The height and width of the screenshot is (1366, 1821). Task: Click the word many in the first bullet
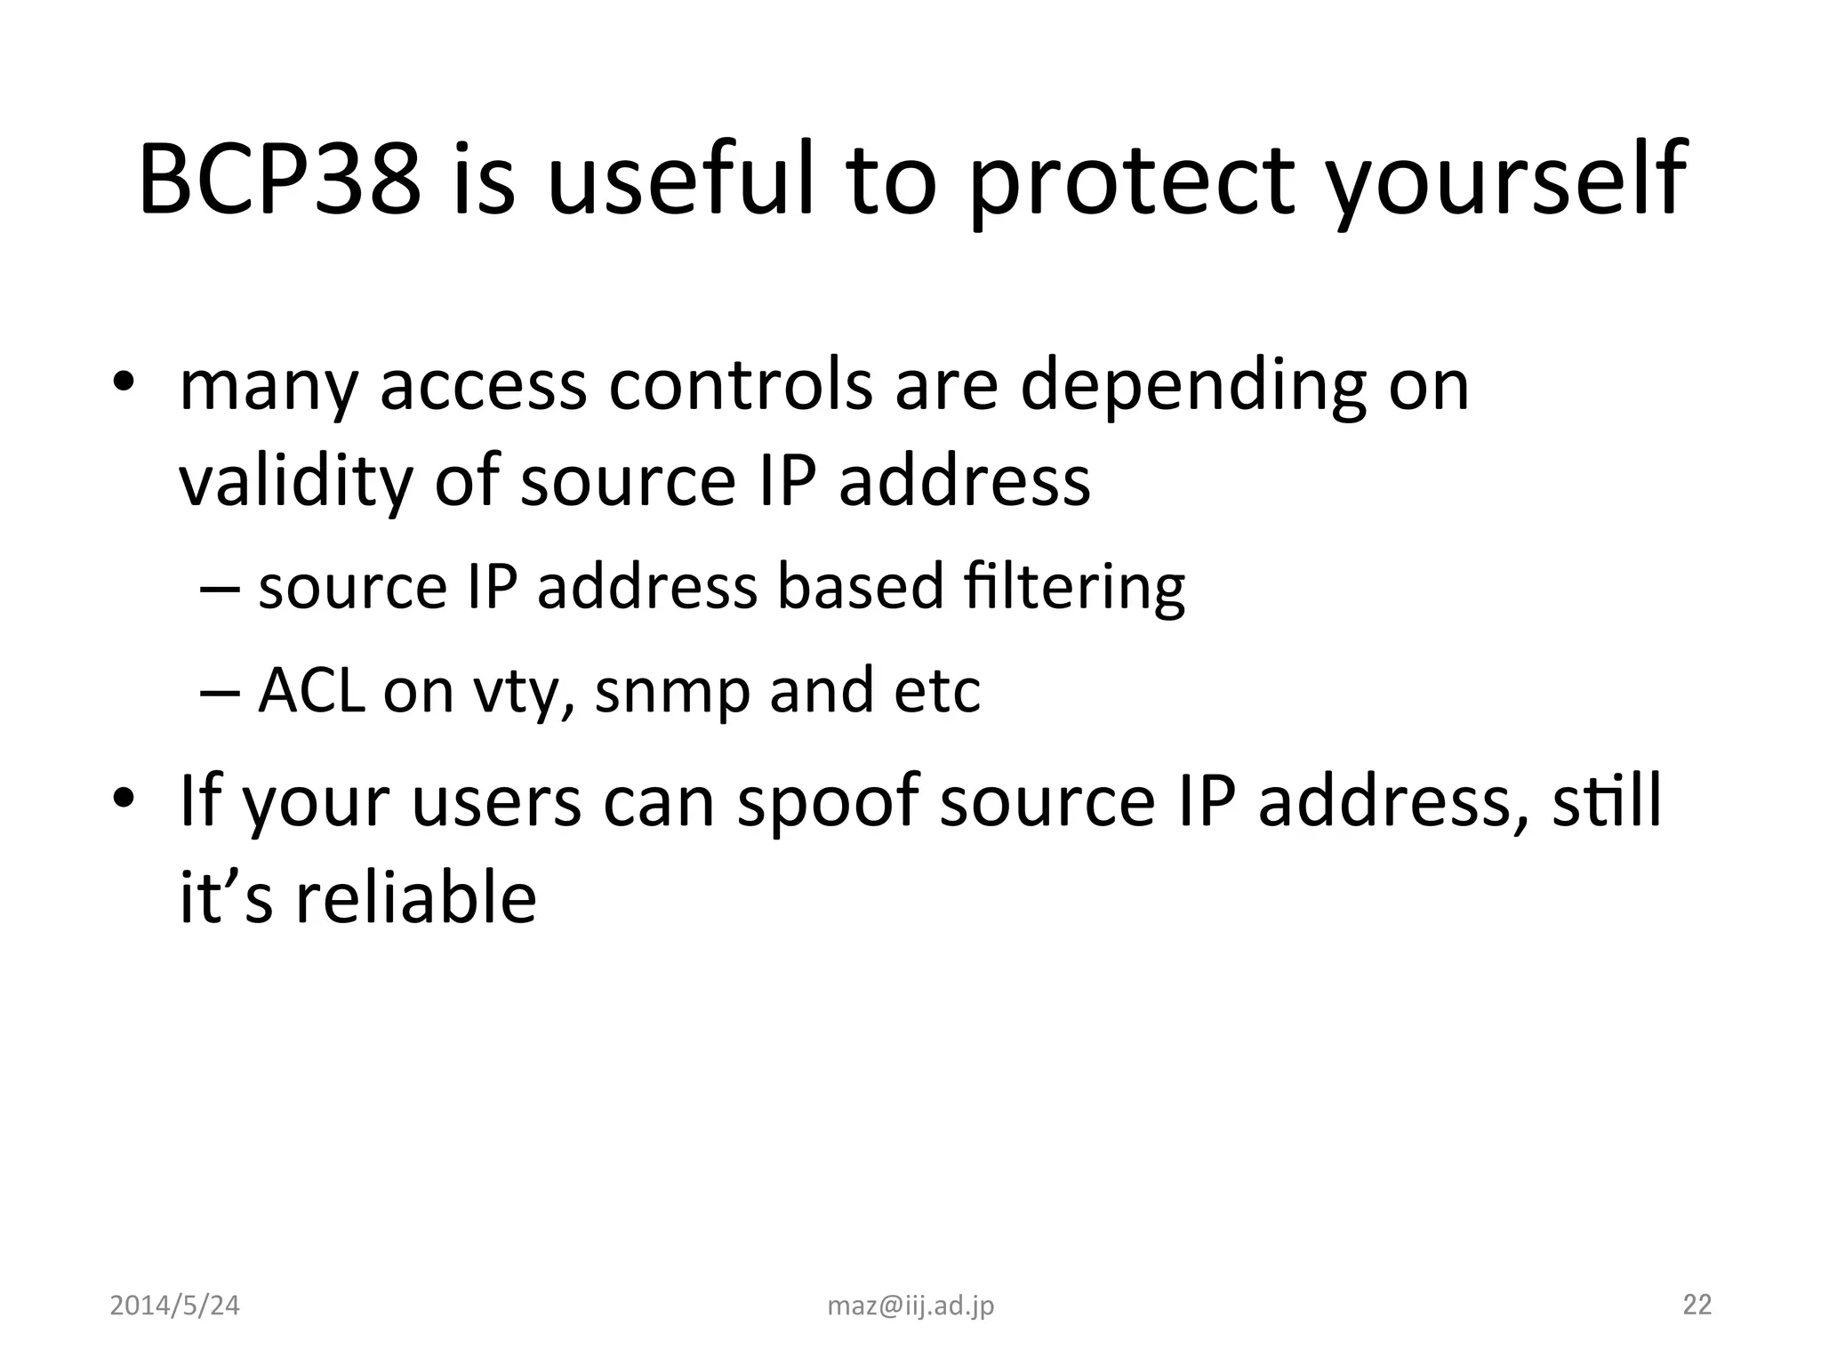pos(268,389)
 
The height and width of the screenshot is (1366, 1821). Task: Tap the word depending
pos(1191,389)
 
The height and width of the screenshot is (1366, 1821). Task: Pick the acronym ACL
pos(311,690)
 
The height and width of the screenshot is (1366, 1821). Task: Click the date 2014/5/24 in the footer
pos(174,1306)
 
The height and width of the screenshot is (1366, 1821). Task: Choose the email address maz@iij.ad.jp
pos(910,1306)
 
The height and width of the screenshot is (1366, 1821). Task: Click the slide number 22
pos(1697,1304)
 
